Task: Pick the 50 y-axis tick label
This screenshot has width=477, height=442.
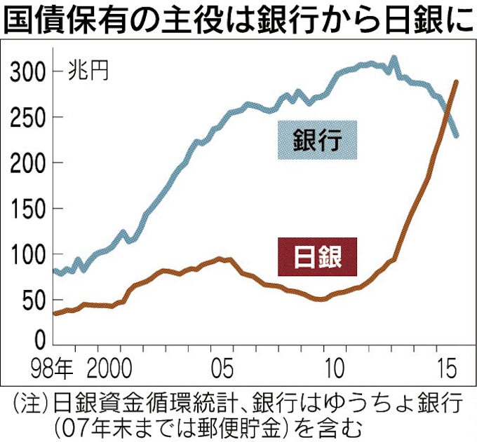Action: [x=34, y=301]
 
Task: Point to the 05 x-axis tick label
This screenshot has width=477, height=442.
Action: [x=224, y=366]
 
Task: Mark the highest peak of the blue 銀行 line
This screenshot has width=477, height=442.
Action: [x=393, y=59]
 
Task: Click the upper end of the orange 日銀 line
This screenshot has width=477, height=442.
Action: [x=456, y=82]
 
